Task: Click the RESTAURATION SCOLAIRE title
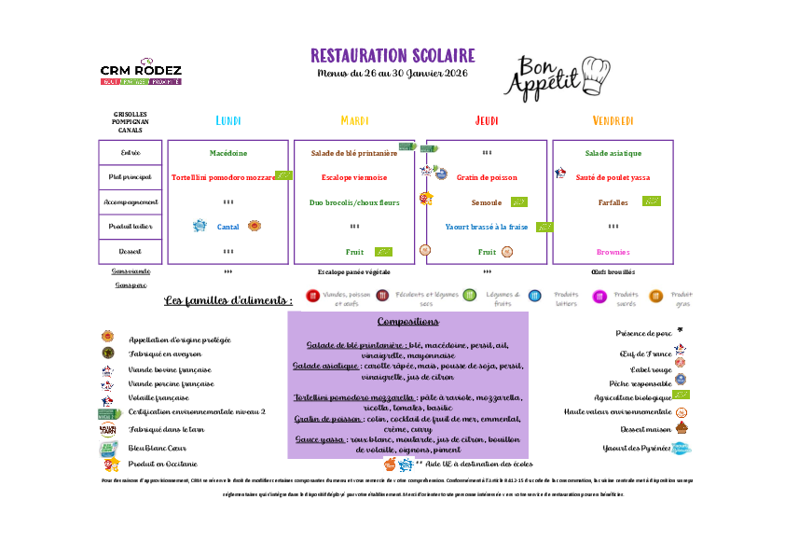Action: (x=392, y=56)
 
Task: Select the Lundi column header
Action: (x=228, y=121)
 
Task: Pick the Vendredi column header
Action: (x=613, y=121)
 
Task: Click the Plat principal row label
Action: (x=131, y=177)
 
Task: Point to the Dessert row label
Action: (x=131, y=252)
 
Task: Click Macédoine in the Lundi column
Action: (x=228, y=153)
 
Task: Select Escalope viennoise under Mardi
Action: (x=353, y=177)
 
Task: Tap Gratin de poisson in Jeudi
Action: (x=487, y=177)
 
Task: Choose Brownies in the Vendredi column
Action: (x=613, y=252)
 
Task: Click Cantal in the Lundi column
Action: (x=228, y=227)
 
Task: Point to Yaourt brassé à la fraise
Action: (x=487, y=227)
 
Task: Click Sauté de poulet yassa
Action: (x=612, y=177)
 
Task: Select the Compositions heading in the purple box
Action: (x=407, y=322)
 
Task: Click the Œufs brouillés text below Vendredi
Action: (x=613, y=272)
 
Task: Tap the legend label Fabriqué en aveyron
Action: (x=165, y=354)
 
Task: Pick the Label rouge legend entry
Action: (x=653, y=369)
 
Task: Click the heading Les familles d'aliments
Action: (x=228, y=300)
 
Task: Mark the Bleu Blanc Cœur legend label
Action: (x=156, y=448)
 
